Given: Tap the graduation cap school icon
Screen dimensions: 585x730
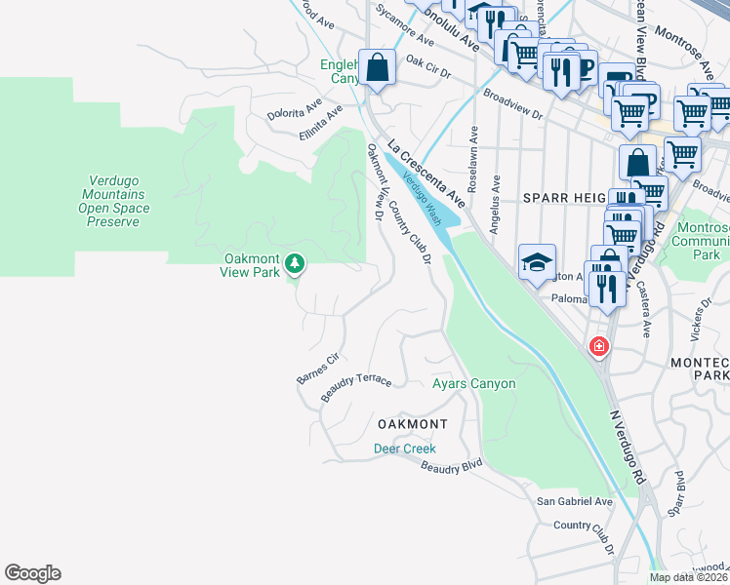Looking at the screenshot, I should [x=537, y=262].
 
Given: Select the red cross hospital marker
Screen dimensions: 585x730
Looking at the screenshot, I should [x=597, y=346].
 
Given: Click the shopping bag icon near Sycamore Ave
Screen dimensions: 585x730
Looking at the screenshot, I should [x=378, y=68].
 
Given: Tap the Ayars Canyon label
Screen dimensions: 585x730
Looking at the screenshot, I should [x=473, y=383].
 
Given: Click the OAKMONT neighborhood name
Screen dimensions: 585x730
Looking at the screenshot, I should [x=412, y=424].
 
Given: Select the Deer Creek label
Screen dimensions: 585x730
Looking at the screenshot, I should [x=404, y=448].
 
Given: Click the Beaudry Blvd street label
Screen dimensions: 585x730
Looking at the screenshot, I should [x=452, y=466].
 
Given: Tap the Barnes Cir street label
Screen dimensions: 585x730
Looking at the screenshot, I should [x=316, y=368].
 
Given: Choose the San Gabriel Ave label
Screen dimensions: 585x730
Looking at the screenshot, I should [x=575, y=501].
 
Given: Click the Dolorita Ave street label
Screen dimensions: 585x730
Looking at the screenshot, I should [x=297, y=102].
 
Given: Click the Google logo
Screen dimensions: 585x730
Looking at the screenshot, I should [x=32, y=573].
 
